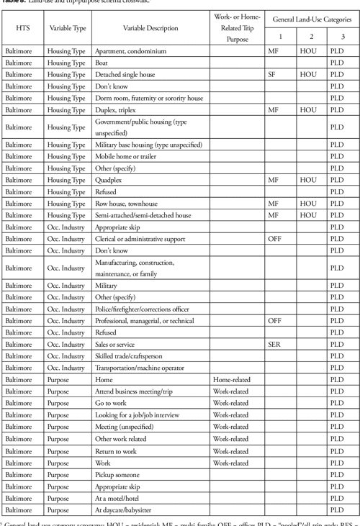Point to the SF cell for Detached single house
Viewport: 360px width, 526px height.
click(x=272, y=75)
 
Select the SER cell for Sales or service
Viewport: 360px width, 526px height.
click(x=274, y=344)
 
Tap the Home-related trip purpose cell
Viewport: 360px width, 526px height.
click(x=230, y=378)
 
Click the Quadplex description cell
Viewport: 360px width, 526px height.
click(x=110, y=179)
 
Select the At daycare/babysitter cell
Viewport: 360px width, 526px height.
click(x=129, y=509)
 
